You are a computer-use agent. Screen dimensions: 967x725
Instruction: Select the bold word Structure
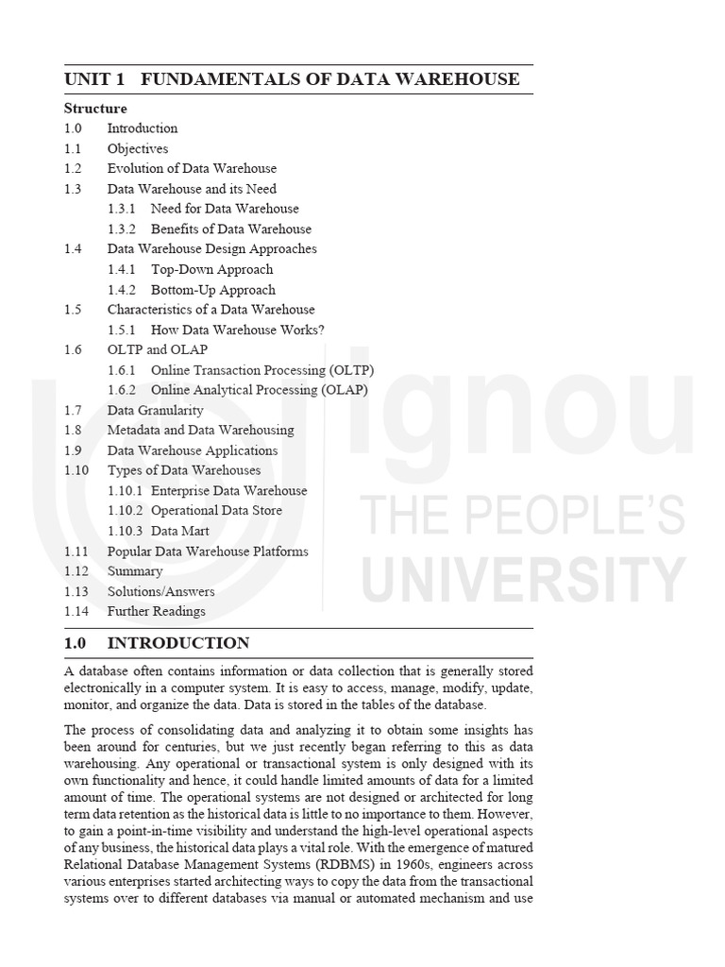[95, 109]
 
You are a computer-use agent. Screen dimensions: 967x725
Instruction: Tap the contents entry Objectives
[138, 148]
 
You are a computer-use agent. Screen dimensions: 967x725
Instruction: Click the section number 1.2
[74, 168]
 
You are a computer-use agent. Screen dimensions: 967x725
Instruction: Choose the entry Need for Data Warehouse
[225, 209]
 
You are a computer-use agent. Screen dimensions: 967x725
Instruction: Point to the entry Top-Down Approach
[212, 269]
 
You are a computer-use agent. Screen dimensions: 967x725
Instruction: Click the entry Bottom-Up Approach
[213, 290]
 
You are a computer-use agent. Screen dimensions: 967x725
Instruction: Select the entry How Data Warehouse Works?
[238, 330]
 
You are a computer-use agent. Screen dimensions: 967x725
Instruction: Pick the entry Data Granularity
[155, 410]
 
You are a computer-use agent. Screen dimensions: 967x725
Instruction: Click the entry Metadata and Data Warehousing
[200, 430]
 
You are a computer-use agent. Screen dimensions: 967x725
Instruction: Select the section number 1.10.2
[126, 510]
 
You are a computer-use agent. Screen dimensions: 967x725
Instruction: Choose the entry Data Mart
[180, 531]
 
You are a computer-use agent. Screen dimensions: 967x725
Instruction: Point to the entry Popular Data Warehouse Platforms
[208, 551]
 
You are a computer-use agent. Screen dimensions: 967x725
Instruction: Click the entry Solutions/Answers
[160, 591]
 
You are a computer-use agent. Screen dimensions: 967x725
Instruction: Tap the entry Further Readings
[156, 611]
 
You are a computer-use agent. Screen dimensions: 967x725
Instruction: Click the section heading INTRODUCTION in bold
[178, 644]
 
